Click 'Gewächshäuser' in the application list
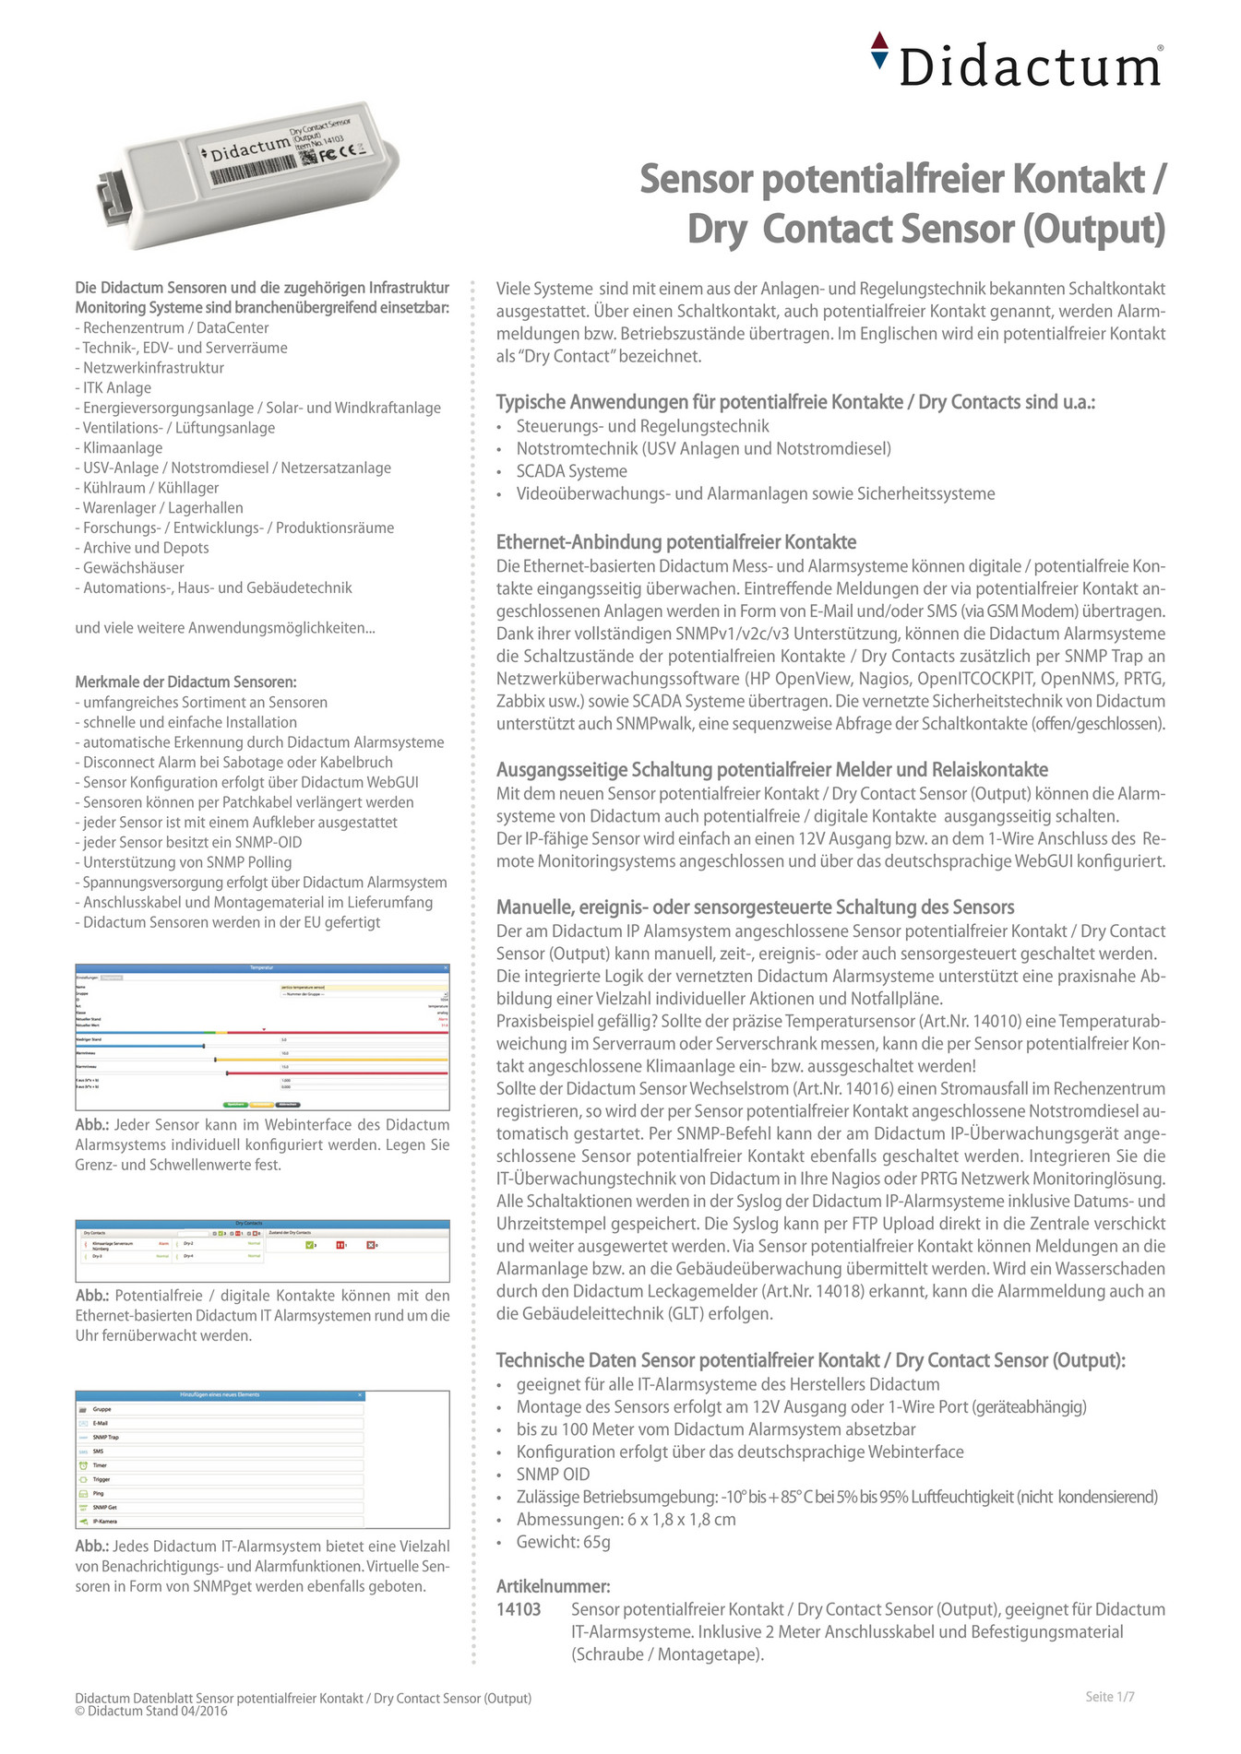pos(133,568)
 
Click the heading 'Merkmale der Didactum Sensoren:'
pos(185,682)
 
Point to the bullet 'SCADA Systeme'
pos(571,471)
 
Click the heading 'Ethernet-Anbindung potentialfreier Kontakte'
pos(675,542)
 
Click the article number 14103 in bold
pos(519,1609)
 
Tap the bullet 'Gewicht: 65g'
pos(563,1542)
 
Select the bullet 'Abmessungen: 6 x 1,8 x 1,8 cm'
pos(626,1519)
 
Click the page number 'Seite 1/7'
pos(1109,1697)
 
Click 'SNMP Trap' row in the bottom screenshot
pos(106,1437)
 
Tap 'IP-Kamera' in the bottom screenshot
pos(104,1522)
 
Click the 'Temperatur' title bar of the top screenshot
pos(262,967)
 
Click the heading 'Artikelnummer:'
pos(553,1586)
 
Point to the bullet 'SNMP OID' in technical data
pos(553,1475)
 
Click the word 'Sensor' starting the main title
pos(697,179)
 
